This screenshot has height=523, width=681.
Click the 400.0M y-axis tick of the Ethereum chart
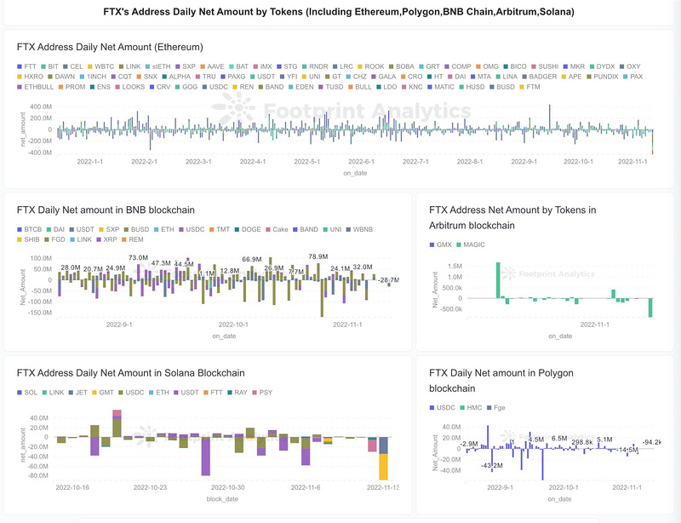coord(40,106)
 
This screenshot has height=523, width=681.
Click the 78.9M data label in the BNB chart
coord(318,256)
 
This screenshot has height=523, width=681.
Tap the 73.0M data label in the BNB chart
coord(138,257)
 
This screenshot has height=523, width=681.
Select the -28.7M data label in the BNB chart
coord(389,280)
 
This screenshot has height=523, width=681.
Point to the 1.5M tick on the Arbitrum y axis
coord(452,266)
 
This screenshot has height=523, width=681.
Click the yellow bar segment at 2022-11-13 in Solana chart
coord(384,467)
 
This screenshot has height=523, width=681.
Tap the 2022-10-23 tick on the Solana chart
coord(152,488)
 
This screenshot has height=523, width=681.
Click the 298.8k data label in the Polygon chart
coord(582,442)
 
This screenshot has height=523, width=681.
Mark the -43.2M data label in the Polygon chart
coord(491,466)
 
